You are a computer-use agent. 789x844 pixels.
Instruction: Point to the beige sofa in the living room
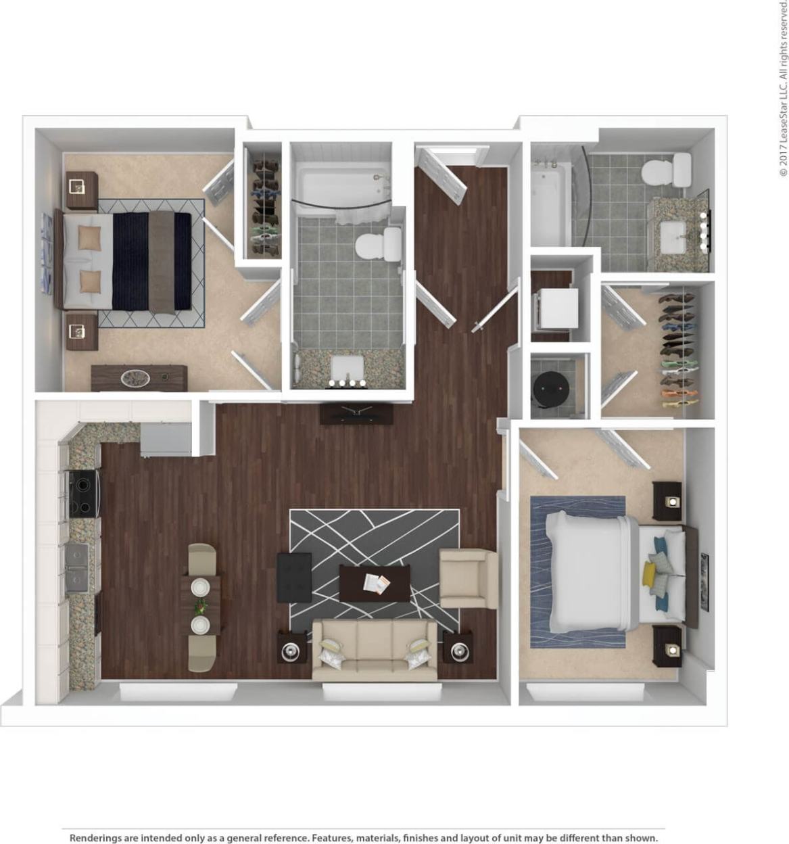pos(374,650)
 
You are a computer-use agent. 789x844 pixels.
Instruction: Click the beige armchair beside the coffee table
pos(467,578)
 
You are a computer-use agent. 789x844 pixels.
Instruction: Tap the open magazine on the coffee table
pos(376,584)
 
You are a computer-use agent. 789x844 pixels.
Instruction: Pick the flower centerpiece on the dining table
pos(201,605)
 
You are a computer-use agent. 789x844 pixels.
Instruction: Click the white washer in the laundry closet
pos(556,308)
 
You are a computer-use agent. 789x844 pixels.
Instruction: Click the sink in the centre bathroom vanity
pos(347,369)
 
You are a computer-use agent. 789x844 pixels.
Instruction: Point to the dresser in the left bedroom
pos(139,378)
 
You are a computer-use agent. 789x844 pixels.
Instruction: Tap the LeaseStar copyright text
pos(783,88)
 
